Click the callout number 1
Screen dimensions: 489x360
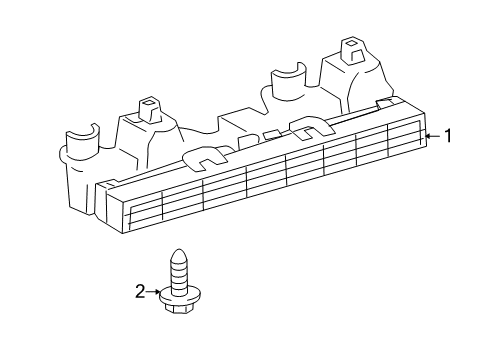(x=447, y=137)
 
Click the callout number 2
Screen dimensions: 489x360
(x=141, y=291)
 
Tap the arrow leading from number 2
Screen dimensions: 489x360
(x=157, y=291)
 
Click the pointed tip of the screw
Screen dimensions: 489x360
(x=180, y=251)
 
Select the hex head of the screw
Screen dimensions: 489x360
(x=180, y=303)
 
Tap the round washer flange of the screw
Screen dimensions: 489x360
(x=180, y=293)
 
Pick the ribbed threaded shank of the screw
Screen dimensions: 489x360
(x=180, y=270)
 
